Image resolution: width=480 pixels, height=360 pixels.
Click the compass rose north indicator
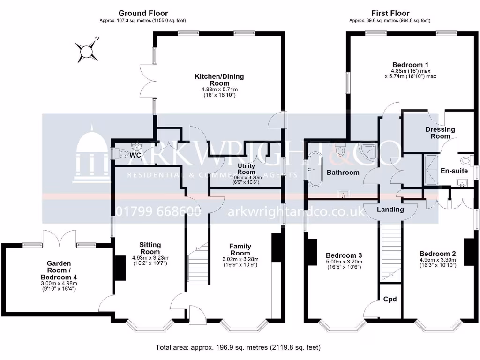[87, 50]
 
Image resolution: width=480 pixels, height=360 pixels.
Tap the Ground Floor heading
[143, 13]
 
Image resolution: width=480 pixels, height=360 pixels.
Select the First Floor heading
[390, 13]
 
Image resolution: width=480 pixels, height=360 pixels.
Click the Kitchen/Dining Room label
[219, 80]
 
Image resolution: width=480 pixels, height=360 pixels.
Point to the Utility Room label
[246, 169]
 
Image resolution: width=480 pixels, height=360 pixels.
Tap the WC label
[135, 155]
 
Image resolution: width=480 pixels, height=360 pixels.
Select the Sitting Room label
[150, 248]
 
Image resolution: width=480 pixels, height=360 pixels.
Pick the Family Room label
[240, 250]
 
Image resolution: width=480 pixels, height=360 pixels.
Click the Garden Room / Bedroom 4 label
[59, 270]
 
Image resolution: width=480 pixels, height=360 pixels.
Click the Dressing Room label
[440, 133]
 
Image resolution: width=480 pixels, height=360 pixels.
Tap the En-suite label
[454, 171]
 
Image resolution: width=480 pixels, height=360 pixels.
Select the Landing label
[390, 210]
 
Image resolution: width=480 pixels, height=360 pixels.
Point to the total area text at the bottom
[238, 348]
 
